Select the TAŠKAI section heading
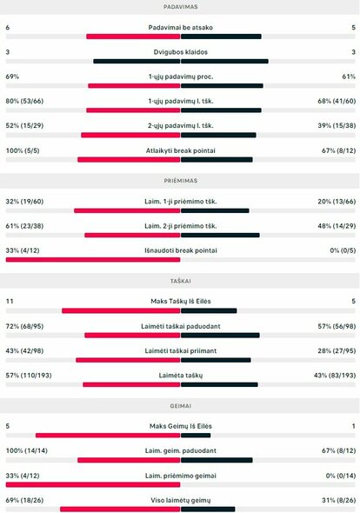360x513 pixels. [179, 282]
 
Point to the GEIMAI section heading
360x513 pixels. [179, 406]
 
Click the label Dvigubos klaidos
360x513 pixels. [180, 51]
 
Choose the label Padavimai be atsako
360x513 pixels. [180, 27]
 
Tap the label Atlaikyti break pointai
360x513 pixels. [180, 150]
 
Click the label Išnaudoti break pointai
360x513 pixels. [180, 250]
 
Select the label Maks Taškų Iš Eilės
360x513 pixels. [180, 301]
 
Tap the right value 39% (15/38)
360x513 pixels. [337, 126]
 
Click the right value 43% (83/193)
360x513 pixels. [335, 375]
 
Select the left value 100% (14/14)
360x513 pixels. [26, 450]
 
